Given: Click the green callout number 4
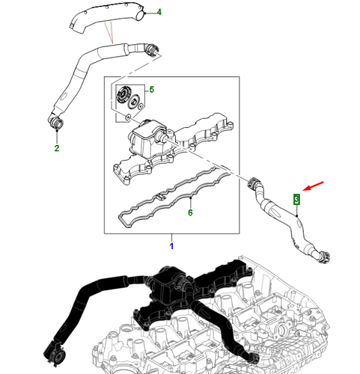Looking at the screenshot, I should pyautogui.click(x=158, y=13).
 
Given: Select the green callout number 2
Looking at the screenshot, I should pyautogui.click(x=55, y=148).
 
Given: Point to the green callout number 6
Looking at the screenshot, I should pyautogui.click(x=190, y=213).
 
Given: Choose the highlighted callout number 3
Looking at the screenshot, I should pyautogui.click(x=296, y=199).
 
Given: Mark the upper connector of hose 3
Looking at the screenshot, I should pyautogui.click(x=254, y=182).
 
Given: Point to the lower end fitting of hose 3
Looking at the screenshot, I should pyautogui.click(x=323, y=256).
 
